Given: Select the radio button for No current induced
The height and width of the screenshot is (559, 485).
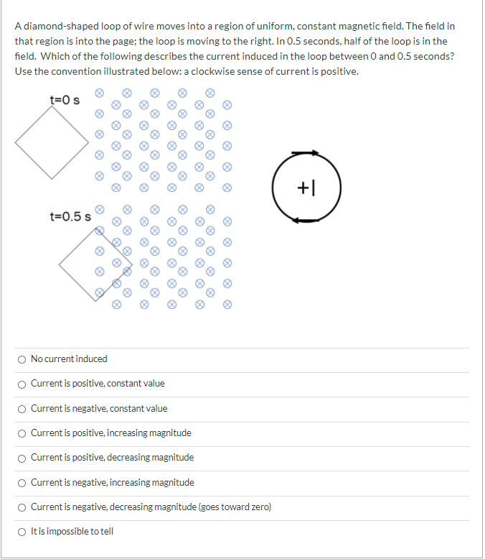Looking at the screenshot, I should (23, 359).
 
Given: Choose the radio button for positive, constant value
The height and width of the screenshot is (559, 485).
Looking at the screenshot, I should (23, 383).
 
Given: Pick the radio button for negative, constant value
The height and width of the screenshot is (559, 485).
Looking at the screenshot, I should (23, 408).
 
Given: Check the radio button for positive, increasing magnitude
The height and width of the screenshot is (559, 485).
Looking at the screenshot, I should (23, 433).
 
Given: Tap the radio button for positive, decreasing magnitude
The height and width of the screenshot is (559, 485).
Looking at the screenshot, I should (23, 458).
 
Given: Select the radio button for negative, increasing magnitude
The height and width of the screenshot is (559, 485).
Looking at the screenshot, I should (23, 482).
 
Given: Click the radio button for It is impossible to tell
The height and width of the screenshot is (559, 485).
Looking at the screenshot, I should (23, 532).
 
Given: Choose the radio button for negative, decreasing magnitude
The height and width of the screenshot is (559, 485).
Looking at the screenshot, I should (23, 507).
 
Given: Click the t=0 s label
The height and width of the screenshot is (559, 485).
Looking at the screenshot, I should (64, 100).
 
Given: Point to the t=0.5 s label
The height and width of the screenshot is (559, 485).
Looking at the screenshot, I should (70, 216).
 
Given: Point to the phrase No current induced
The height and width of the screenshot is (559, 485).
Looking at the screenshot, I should (69, 359).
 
